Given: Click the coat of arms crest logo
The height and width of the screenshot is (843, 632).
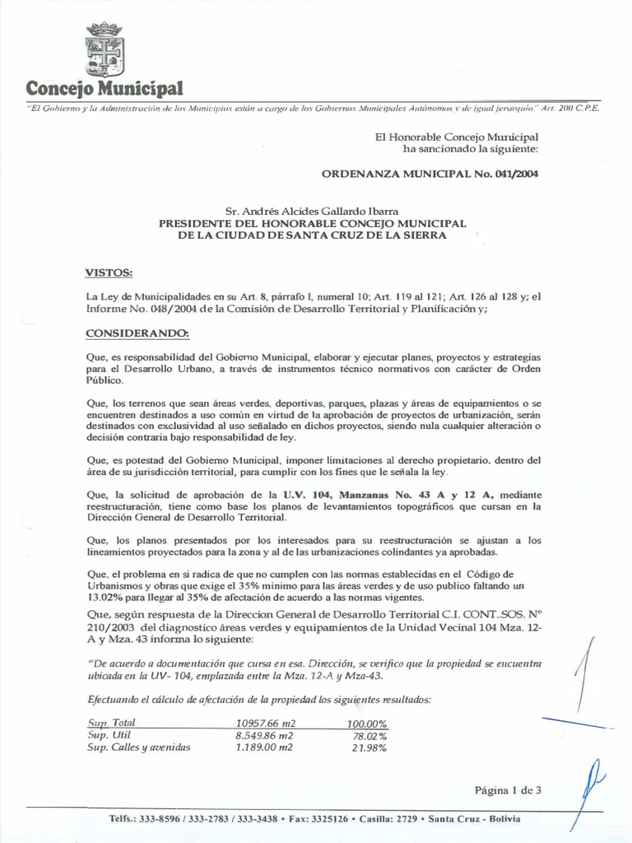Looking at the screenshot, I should pos(105,50).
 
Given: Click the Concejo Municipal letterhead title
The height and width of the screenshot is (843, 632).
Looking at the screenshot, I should pos(105,87).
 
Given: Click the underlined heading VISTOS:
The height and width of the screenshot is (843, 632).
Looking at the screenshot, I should pos(109,272).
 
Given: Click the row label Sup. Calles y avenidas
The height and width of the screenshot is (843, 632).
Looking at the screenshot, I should pos(139,748).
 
